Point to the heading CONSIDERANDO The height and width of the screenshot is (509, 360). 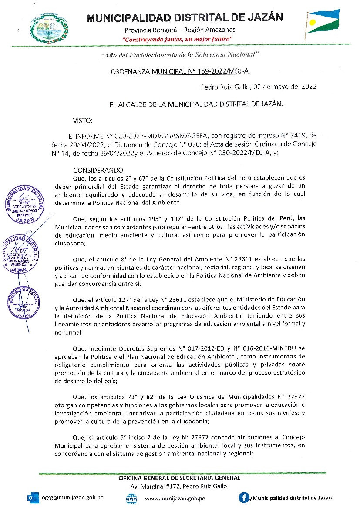point(99,170)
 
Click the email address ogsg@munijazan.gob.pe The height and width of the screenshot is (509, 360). point(73,498)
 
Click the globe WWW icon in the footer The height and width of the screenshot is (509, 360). point(131,499)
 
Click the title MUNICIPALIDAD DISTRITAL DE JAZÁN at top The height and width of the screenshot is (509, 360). point(185,18)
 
